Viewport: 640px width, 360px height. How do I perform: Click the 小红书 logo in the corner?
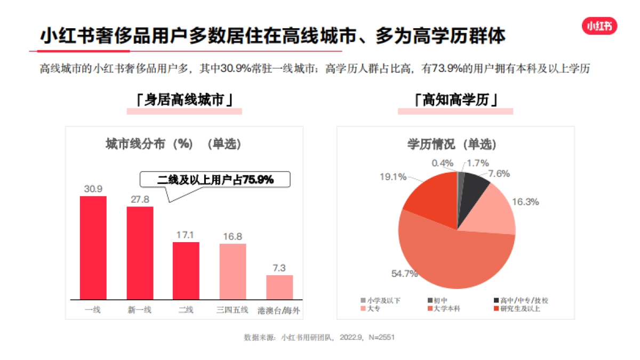[x=599, y=26]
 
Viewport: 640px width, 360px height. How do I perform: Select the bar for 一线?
[x=93, y=247]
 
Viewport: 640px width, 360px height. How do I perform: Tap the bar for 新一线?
[x=140, y=253]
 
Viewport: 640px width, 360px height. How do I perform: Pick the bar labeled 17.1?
[x=186, y=270]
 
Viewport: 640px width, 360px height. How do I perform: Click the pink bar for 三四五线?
[x=233, y=271]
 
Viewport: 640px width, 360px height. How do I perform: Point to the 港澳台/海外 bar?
[x=279, y=287]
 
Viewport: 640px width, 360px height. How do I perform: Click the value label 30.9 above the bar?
[x=93, y=189]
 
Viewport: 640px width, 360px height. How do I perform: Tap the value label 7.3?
[x=279, y=268]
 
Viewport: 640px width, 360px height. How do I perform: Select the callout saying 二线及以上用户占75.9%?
[x=215, y=180]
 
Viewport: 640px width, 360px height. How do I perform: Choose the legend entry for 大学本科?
[x=447, y=309]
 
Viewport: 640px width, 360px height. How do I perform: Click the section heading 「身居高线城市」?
[x=184, y=100]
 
